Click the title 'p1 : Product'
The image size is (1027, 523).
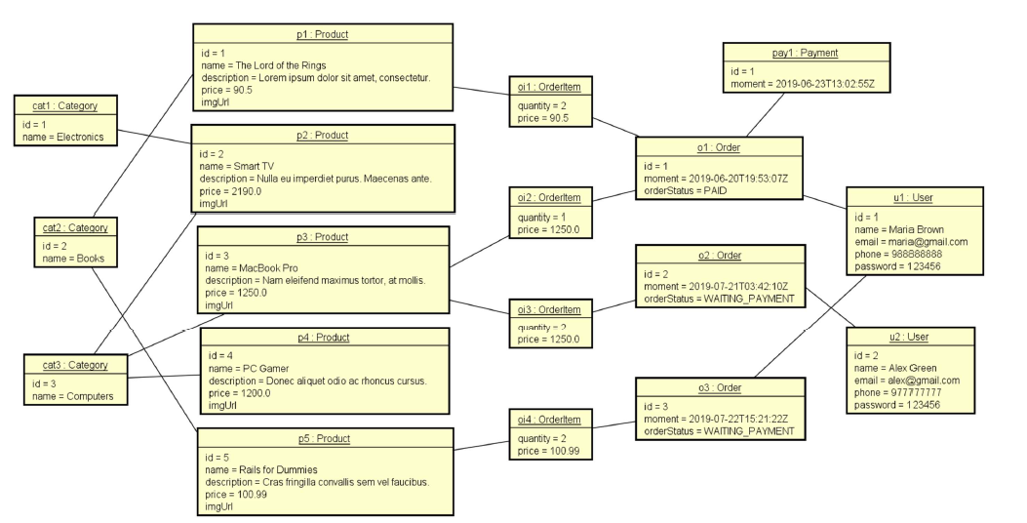tap(323, 34)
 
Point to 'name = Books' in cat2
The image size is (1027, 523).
tap(68, 259)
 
